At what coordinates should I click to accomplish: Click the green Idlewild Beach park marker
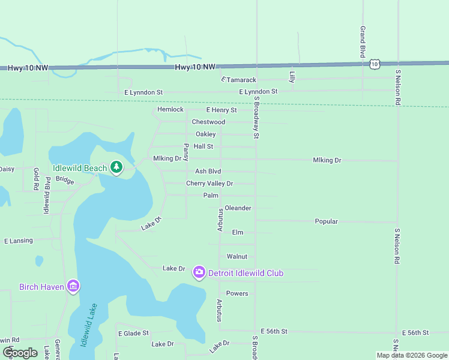[x=116, y=168]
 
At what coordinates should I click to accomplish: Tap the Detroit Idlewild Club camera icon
[x=199, y=273]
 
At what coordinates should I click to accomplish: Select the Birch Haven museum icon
[x=73, y=286]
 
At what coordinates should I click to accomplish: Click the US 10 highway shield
[x=375, y=64]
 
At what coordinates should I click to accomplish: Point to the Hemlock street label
[x=170, y=110]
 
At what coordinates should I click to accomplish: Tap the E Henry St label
[x=221, y=110]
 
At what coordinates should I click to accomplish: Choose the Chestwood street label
[x=208, y=122]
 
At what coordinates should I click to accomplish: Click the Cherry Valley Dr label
[x=209, y=184]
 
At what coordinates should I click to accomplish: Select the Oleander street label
[x=238, y=208]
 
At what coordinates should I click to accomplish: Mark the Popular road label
[x=327, y=221]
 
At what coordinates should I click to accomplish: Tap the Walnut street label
[x=237, y=257]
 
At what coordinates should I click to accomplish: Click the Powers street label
[x=237, y=293]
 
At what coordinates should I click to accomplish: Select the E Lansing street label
[x=19, y=241]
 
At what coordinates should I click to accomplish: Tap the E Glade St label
[x=133, y=333]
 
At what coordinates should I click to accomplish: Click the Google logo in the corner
[x=20, y=352]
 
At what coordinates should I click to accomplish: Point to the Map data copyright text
[x=411, y=355]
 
